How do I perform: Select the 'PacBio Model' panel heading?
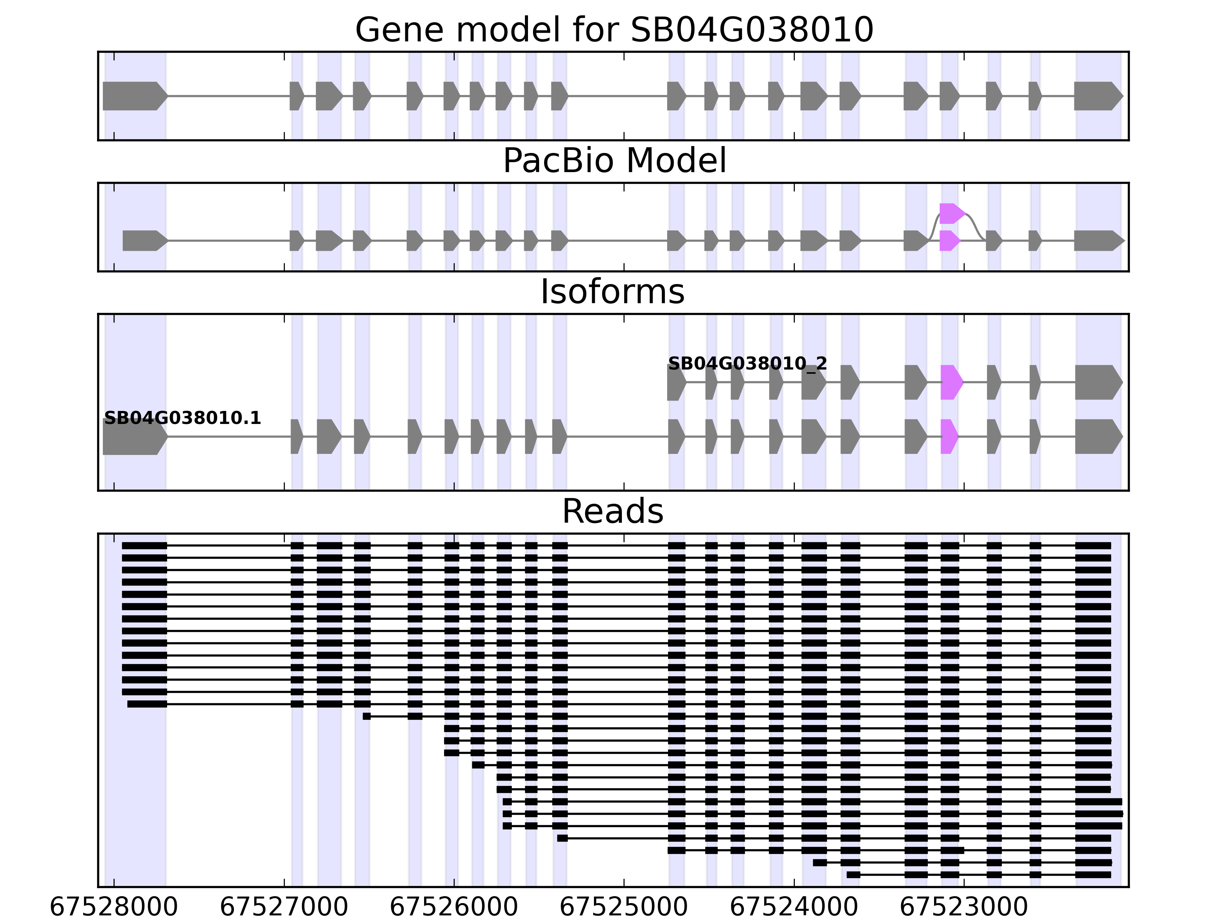coord(614,161)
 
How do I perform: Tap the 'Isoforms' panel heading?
coord(612,292)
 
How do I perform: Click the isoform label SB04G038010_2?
coord(747,364)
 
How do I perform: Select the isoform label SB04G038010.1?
coord(183,418)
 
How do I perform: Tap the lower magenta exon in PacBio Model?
coord(949,241)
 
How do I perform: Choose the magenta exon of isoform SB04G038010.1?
coord(949,437)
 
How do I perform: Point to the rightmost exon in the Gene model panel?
coord(1097,96)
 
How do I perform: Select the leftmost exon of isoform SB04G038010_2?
coord(676,382)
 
